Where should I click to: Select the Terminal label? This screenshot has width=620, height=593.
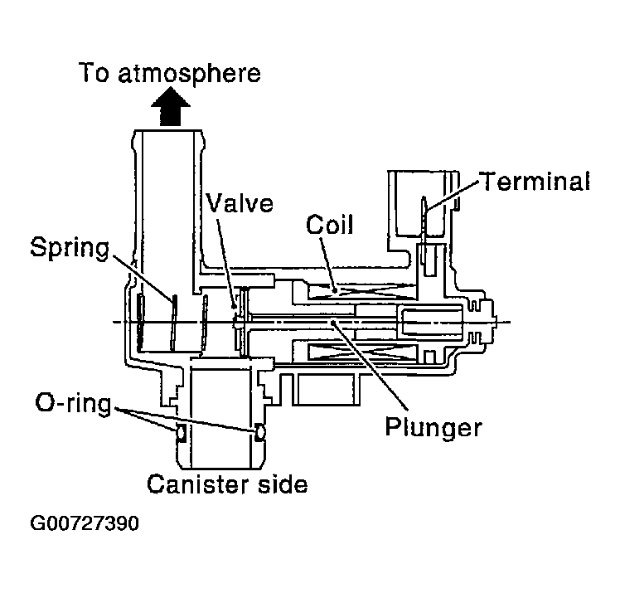point(534,181)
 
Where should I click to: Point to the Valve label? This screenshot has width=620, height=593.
point(240,202)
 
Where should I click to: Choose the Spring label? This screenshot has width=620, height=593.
point(70,246)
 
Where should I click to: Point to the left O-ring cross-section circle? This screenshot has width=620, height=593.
point(178,431)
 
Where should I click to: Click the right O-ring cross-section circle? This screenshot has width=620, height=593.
point(259,431)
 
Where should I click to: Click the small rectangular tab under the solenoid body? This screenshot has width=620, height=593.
point(328,387)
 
